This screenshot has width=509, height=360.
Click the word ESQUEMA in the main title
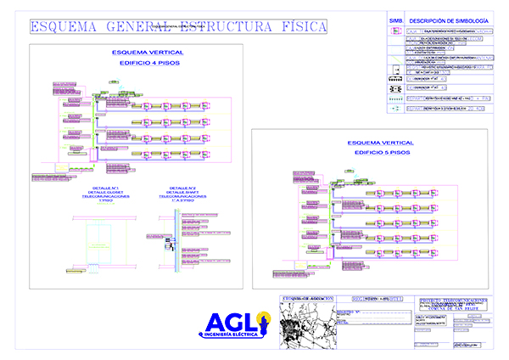63,27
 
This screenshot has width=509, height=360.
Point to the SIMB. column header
395,20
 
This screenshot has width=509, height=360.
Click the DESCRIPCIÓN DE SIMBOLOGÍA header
448,20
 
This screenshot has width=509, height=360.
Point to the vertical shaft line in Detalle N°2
175,246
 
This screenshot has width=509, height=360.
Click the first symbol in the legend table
395,31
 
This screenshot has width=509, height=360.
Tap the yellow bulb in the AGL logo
263,323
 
